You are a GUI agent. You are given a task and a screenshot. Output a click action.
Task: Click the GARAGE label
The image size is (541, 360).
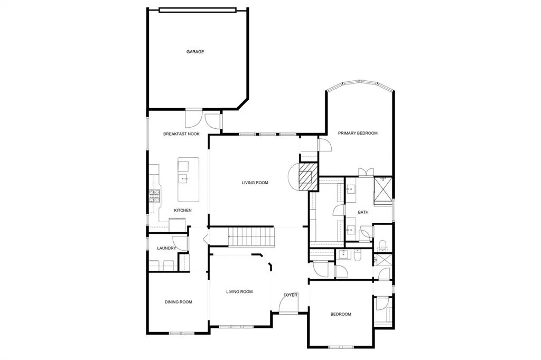click(195, 52)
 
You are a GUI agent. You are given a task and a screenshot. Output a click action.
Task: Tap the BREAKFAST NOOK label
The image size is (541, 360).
click(181, 134)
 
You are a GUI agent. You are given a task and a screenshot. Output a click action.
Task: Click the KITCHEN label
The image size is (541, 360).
click(183, 210)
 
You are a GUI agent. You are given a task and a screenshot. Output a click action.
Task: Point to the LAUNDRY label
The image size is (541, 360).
click(166, 248)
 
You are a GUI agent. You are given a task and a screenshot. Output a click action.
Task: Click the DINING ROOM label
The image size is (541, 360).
click(178, 302)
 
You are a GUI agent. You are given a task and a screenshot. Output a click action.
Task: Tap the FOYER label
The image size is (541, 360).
click(291, 295)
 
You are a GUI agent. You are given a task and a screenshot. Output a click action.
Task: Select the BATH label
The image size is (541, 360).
click(363, 212)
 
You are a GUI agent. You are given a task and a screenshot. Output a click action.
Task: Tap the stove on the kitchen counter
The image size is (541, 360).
click(154, 196)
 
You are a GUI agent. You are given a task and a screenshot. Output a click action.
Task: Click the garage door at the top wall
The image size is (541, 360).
click(197, 9)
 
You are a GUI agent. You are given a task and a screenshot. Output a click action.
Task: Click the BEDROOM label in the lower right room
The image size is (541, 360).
click(340, 315)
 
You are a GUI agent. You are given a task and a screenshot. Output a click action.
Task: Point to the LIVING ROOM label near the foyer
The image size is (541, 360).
click(239, 291)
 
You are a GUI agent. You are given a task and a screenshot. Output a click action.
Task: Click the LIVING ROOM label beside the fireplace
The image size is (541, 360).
click(255, 183)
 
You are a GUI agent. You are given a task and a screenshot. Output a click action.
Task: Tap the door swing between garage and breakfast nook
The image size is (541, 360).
click(193, 117)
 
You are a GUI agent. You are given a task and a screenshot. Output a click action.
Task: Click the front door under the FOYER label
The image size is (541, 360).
click(289, 312)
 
